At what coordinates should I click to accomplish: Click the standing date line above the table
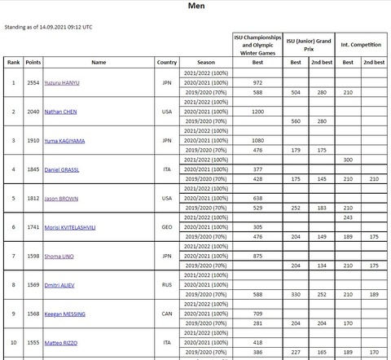49,27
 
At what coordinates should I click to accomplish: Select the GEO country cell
166,226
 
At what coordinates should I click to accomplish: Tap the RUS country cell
166,284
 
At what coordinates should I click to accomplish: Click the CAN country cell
166,314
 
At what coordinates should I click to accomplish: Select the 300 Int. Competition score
347,159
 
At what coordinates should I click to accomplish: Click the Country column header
166,62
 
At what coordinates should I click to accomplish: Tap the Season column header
206,62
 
